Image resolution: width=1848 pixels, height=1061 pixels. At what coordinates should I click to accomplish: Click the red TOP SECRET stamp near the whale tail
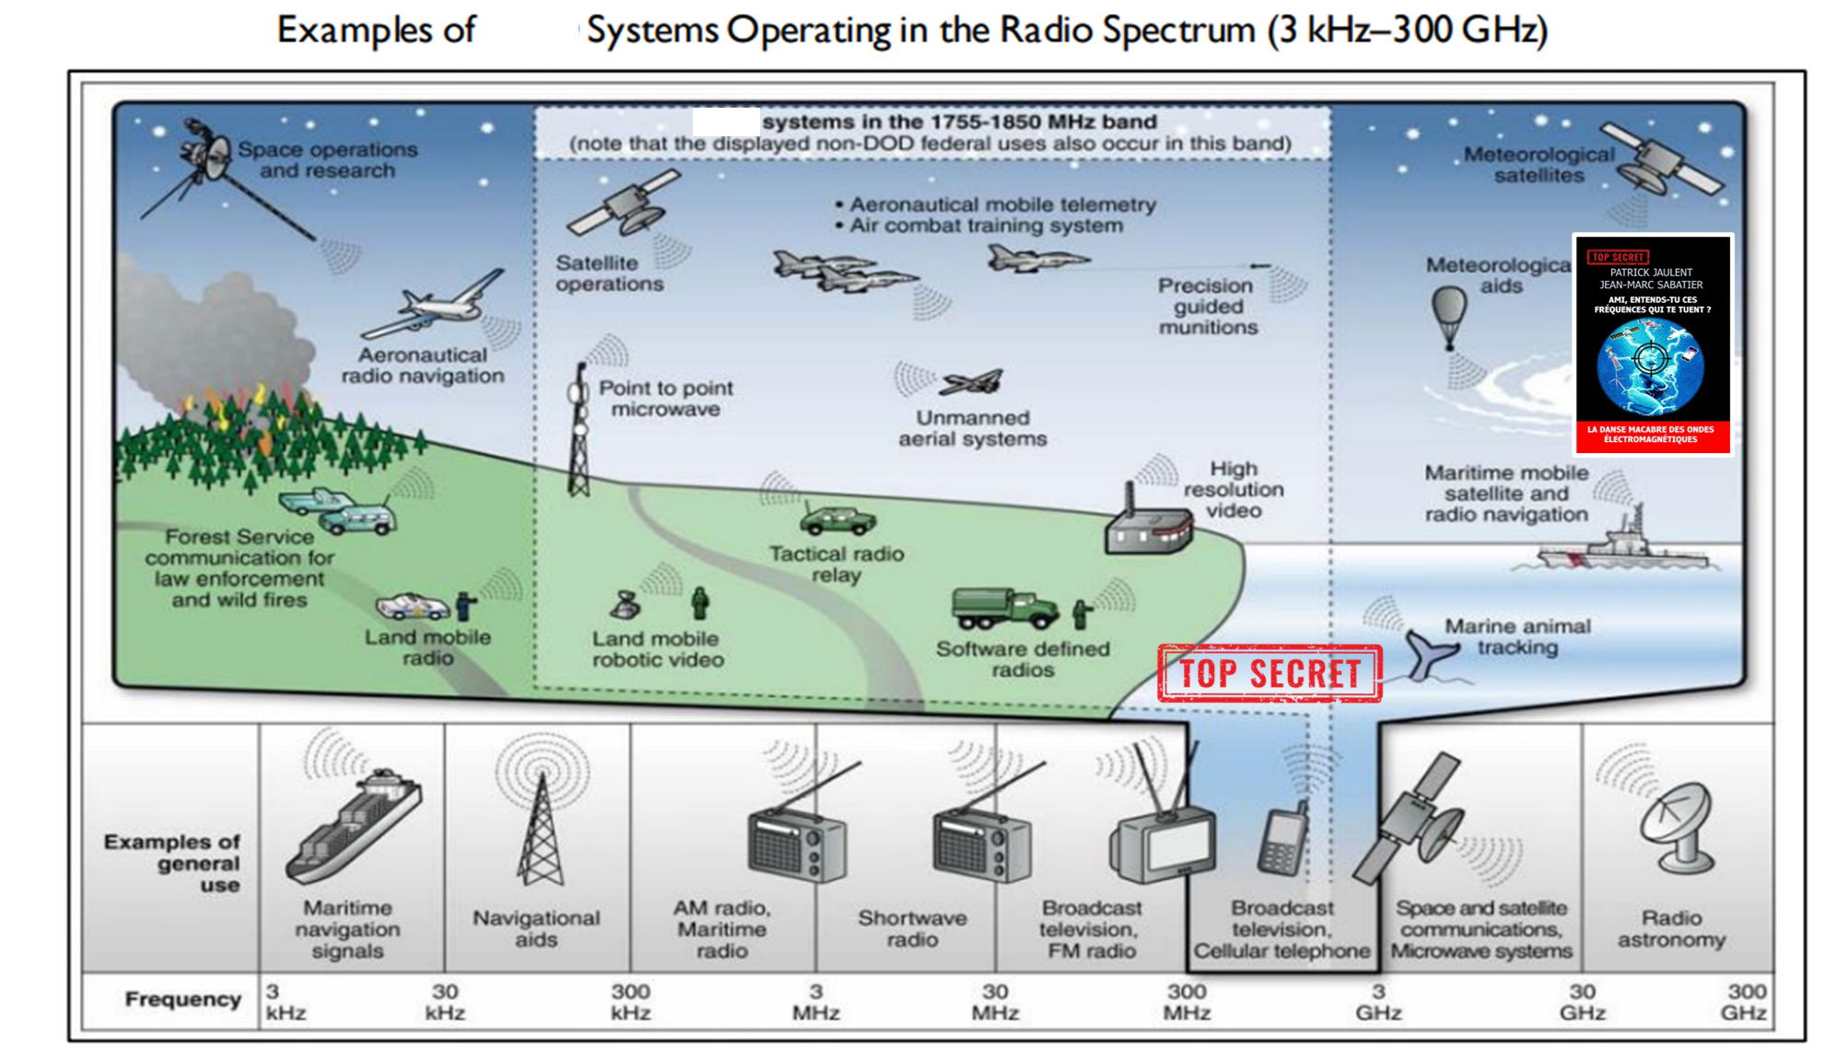pyautogui.click(x=1269, y=673)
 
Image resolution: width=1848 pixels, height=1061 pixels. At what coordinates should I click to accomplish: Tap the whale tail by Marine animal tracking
pyautogui.click(x=1430, y=653)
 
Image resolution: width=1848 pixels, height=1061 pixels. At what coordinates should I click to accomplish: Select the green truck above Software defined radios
pyautogui.click(x=1004, y=608)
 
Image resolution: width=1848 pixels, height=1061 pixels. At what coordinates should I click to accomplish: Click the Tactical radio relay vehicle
pyautogui.click(x=837, y=520)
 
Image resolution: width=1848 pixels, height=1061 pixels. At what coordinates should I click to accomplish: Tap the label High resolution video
pyautogui.click(x=1233, y=490)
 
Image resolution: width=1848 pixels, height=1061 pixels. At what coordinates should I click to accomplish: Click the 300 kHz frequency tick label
pyautogui.click(x=630, y=1002)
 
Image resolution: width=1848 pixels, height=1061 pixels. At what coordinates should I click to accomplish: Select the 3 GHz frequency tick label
pyautogui.click(x=1377, y=1002)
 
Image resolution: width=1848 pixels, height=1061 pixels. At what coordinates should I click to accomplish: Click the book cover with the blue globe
pyautogui.click(x=1653, y=344)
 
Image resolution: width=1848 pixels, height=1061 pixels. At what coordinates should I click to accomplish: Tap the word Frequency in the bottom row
pyautogui.click(x=182, y=999)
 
